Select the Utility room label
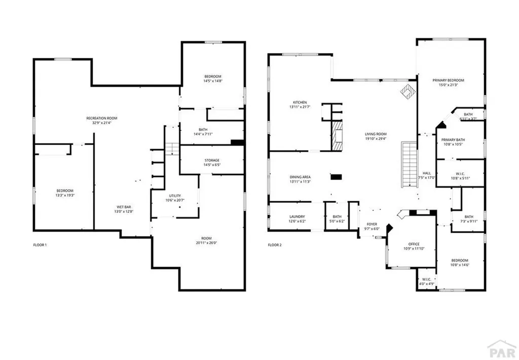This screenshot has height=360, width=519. [x=175, y=196]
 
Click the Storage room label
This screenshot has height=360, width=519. [x=212, y=160]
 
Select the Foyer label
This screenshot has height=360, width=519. [x=373, y=224]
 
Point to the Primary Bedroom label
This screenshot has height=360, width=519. [x=448, y=80]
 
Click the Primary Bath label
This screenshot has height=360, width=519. [x=453, y=139]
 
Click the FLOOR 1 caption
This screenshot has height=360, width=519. [x=40, y=245]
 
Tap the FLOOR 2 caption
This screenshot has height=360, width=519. [x=274, y=245]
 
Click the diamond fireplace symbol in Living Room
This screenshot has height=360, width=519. [x=406, y=91]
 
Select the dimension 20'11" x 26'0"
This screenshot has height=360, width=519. [x=206, y=242]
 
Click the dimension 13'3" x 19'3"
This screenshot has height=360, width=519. [x=65, y=195]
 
